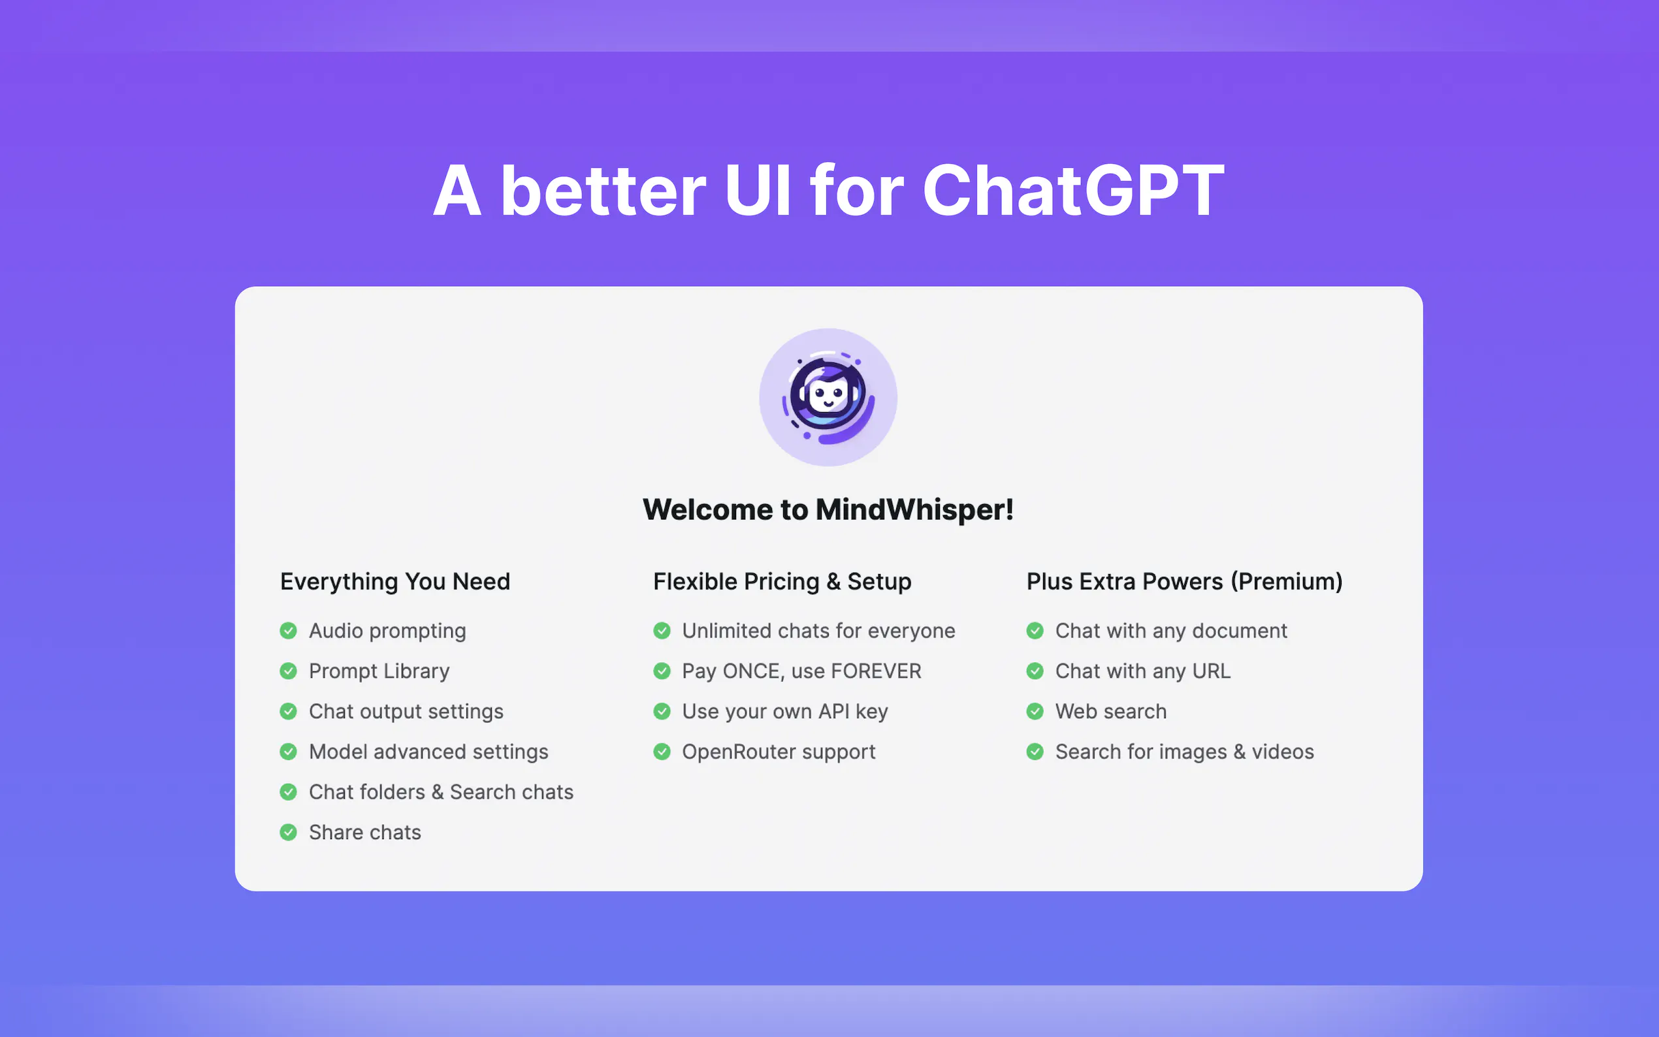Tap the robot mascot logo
point(828,397)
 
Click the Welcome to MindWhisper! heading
point(828,509)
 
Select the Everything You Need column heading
point(395,582)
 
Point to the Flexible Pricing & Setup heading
point(782,582)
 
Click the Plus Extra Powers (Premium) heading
point(1184,582)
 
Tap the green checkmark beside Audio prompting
point(289,630)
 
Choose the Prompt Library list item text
point(379,671)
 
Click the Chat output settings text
point(406,711)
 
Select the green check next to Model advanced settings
point(289,752)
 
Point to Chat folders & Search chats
point(441,792)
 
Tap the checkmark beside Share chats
point(289,832)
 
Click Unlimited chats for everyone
point(818,631)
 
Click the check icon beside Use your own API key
point(662,711)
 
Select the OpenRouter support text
point(779,752)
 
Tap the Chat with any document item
point(1170,631)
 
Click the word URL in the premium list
point(1211,671)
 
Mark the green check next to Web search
point(1035,711)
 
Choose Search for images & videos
point(1184,752)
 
